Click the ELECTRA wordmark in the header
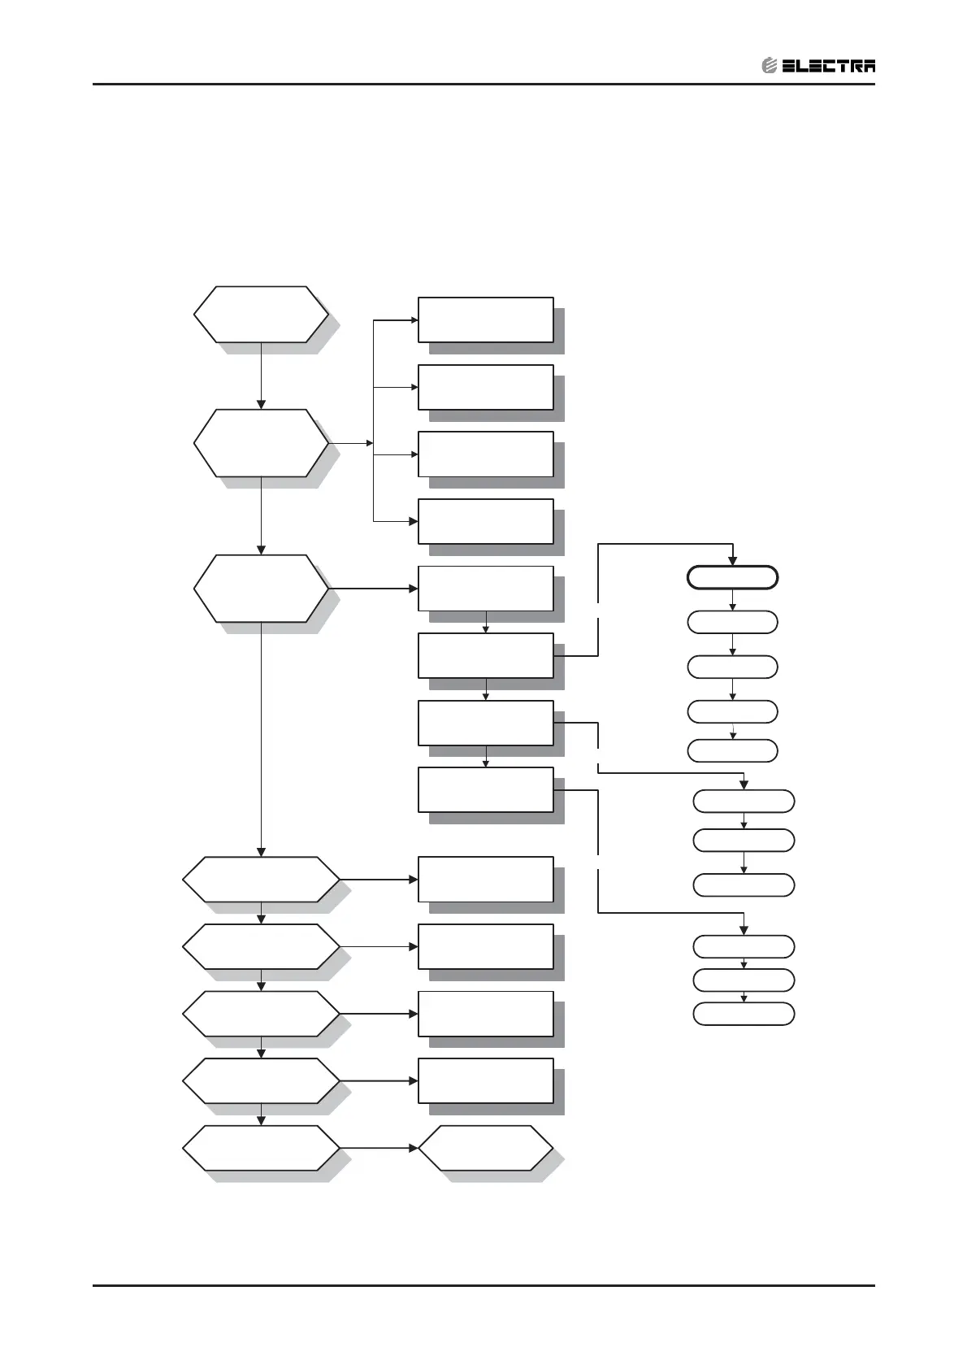click(828, 67)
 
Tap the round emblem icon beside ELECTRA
click(770, 67)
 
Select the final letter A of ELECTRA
click(867, 67)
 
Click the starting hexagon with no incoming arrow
click(261, 314)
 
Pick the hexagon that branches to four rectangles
click(261, 443)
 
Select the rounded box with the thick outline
click(732, 578)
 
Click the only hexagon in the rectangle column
click(485, 1148)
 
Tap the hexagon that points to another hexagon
click(261, 1148)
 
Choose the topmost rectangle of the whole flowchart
click(485, 319)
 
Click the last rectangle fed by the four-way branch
click(485, 521)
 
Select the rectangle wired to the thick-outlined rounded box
click(485, 655)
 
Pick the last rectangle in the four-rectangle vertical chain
click(485, 789)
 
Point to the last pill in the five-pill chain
click(732, 750)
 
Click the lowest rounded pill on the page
click(743, 1014)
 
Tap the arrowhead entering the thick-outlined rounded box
click(732, 561)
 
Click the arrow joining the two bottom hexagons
click(379, 1148)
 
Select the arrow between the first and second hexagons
click(261, 376)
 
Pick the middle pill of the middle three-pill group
click(743, 840)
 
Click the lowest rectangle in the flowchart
click(485, 1080)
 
